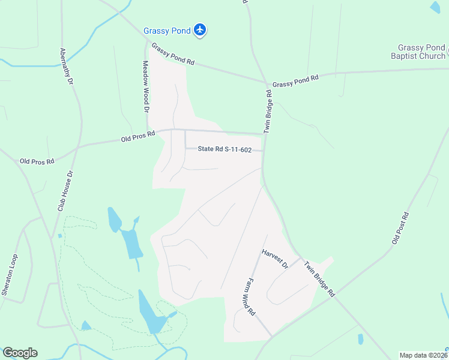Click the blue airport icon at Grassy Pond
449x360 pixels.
pyautogui.click(x=200, y=31)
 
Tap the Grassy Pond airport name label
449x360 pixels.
pyautogui.click(x=167, y=31)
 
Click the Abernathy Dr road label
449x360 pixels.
pyautogui.click(x=65, y=66)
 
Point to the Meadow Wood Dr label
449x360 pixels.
pyautogui.click(x=145, y=86)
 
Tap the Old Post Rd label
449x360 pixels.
pyautogui.click(x=400, y=228)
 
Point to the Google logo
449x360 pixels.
pyautogui.click(x=20, y=353)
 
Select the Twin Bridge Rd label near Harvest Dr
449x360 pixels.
pyautogui.click(x=319, y=278)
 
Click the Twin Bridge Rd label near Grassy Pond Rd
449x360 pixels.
pyautogui.click(x=270, y=111)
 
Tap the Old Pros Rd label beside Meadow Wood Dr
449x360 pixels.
pyautogui.click(x=138, y=137)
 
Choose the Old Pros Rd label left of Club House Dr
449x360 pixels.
pyautogui.click(x=37, y=161)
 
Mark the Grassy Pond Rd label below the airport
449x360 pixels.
pyautogui.click(x=173, y=53)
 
